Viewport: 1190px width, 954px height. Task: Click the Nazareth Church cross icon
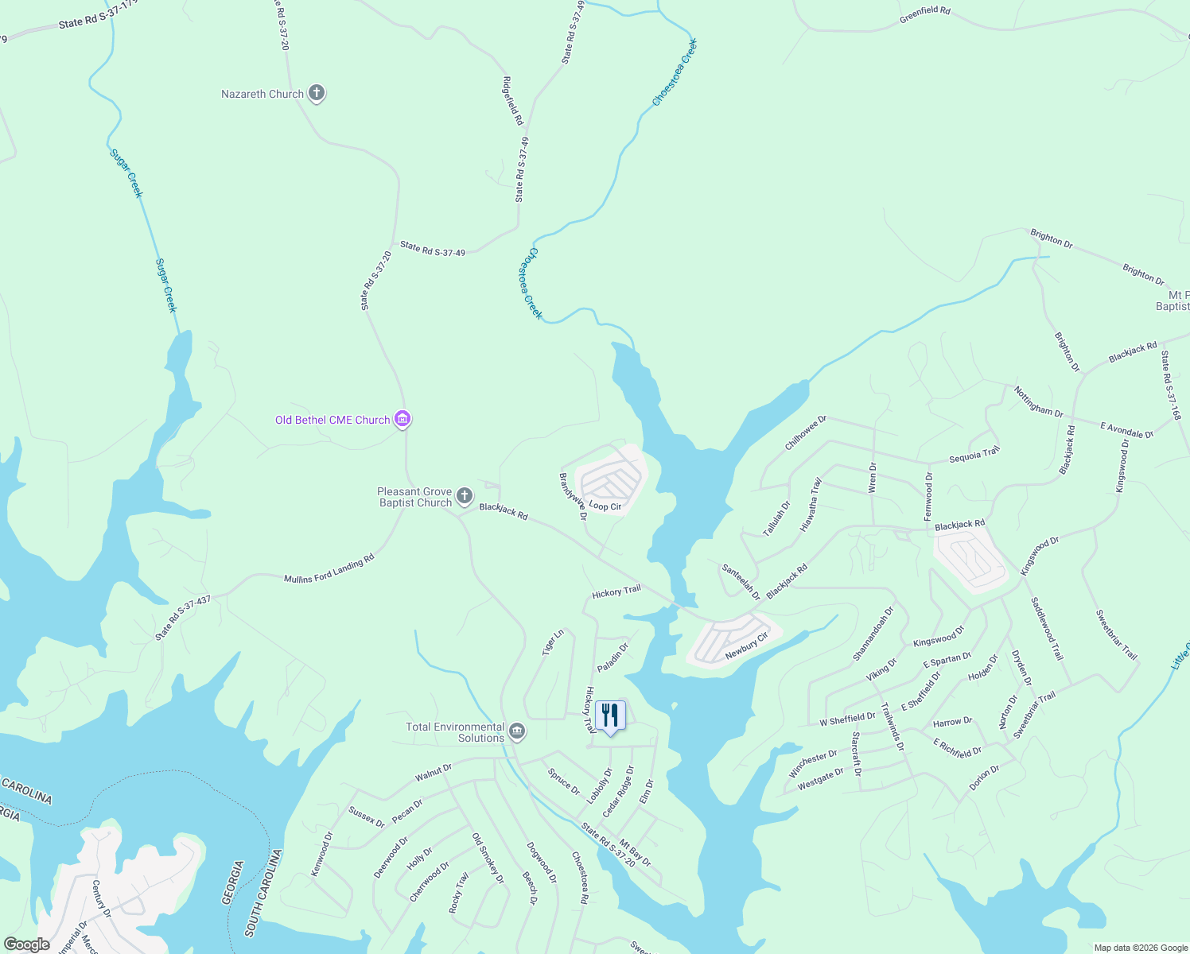click(317, 94)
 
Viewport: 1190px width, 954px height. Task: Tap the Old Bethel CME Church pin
click(402, 419)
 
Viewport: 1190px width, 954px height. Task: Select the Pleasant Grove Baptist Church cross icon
click(465, 496)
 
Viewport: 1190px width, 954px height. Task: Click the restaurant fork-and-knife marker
click(610, 715)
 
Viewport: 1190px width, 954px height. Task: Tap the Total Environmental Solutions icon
click(517, 731)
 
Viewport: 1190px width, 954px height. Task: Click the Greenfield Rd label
click(924, 14)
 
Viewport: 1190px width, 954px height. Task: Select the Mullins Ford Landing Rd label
click(329, 568)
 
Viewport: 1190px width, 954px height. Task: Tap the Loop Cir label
click(605, 506)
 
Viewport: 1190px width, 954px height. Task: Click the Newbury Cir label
click(746, 646)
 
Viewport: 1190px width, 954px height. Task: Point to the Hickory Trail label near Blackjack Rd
click(616, 592)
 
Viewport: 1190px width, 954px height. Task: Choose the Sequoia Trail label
click(974, 456)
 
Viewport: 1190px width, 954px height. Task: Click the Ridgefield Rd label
click(513, 100)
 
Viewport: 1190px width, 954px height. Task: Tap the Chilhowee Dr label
click(806, 432)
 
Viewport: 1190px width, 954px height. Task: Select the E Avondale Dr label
click(1126, 430)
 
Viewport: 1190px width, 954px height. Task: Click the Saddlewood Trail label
click(1046, 629)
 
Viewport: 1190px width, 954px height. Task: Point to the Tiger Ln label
click(553, 642)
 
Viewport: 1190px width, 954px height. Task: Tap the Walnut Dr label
click(433, 772)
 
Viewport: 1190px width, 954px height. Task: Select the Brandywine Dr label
click(573, 497)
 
